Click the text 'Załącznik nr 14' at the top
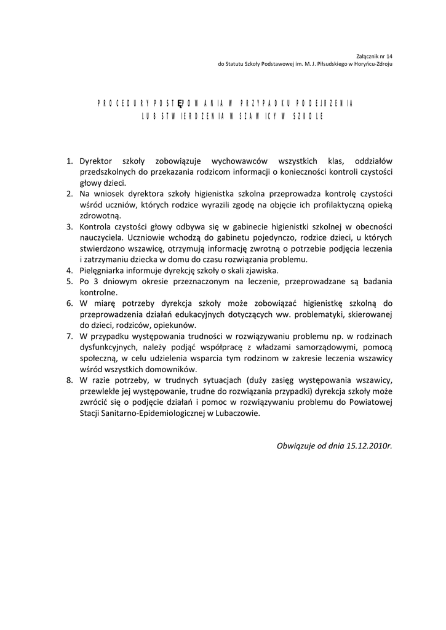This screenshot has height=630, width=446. tap(376, 55)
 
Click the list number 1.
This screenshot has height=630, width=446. tap(69, 161)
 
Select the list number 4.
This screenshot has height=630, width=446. tap(69, 271)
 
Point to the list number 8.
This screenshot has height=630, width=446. tap(69, 381)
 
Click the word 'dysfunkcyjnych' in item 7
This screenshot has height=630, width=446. tap(109, 348)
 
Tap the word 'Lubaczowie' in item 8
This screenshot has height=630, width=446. tap(237, 413)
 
